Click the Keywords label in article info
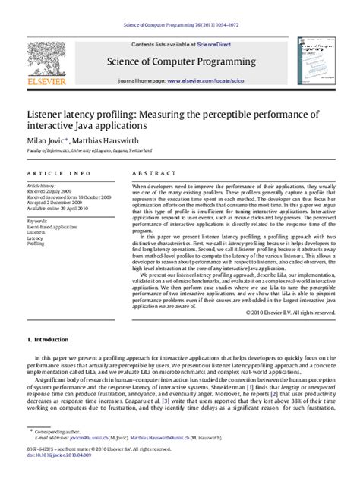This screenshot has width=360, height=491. coord(39,221)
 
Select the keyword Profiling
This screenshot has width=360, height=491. coord(36,244)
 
